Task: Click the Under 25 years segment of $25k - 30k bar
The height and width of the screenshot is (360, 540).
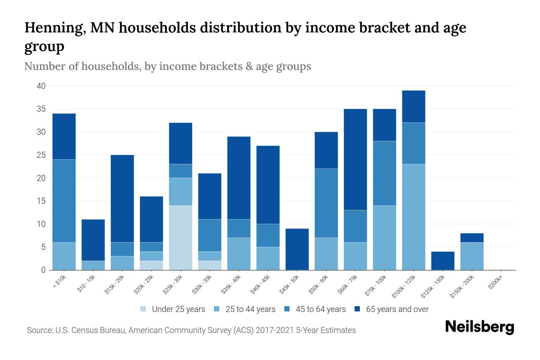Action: click(181, 238)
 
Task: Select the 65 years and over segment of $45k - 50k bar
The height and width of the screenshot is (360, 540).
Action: click(297, 249)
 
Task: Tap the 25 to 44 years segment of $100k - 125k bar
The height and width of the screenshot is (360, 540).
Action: click(414, 217)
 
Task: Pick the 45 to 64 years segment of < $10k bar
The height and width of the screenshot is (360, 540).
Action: click(64, 201)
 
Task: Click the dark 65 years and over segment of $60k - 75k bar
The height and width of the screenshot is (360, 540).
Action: click(355, 159)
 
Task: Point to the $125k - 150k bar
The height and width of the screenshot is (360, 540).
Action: click(443, 261)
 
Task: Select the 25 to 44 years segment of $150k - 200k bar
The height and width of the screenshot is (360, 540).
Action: click(472, 256)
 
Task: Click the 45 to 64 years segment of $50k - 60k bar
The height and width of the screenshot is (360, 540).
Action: click(326, 203)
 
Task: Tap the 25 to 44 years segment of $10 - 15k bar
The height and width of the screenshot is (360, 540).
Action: click(93, 265)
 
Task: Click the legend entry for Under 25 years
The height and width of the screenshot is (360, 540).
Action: click(173, 309)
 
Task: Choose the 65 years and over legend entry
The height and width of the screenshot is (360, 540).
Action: click(391, 309)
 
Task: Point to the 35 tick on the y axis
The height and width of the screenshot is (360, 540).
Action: click(41, 109)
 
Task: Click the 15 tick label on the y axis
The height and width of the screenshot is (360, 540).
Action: click(41, 201)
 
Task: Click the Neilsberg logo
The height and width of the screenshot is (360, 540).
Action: click(479, 327)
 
